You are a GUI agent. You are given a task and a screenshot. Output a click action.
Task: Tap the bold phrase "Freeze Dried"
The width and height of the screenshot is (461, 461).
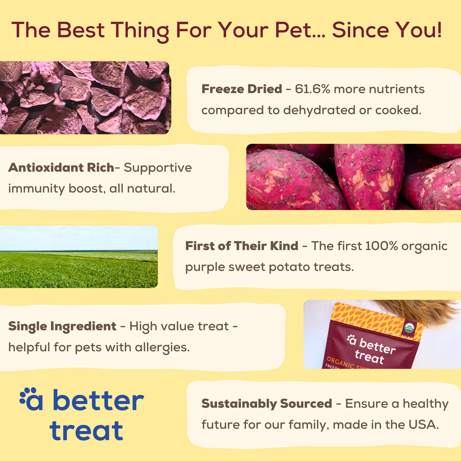tap(242, 89)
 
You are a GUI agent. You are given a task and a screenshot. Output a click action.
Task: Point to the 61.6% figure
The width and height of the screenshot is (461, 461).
tap(312, 89)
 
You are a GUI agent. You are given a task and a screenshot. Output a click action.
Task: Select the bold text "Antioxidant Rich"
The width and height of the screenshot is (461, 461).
tap(61, 167)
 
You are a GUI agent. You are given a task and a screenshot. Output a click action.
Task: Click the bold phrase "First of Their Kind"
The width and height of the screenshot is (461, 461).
tap(242, 246)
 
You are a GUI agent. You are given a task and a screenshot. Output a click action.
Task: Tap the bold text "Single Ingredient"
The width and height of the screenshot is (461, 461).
tap(62, 326)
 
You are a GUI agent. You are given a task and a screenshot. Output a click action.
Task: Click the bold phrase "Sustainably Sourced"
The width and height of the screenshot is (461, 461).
tap(266, 404)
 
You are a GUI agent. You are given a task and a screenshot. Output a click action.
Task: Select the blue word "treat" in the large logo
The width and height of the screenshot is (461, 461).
tap(86, 431)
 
